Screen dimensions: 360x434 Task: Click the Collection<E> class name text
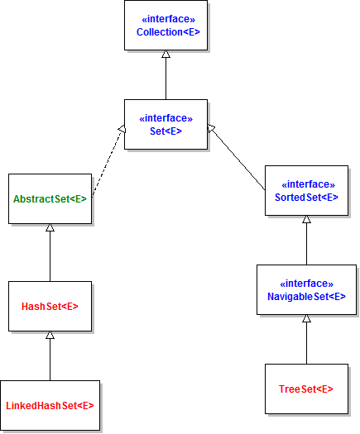click(168, 32)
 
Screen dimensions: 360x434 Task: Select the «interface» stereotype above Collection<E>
click(169, 19)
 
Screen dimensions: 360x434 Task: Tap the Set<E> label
click(166, 131)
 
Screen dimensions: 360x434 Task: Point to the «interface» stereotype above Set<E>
click(166, 118)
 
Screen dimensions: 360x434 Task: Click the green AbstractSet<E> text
click(50, 199)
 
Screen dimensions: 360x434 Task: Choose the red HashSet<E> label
click(50, 307)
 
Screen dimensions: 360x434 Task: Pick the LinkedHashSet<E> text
click(50, 406)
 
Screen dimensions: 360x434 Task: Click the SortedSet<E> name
click(306, 198)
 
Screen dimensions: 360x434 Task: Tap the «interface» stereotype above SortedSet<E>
click(308, 184)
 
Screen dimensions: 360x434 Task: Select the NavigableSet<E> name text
click(306, 297)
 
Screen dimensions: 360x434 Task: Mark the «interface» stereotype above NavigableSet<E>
click(306, 284)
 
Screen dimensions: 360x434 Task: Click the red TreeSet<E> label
click(306, 389)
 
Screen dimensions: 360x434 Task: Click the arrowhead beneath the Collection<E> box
click(166, 54)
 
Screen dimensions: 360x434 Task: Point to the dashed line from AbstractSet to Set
click(108, 163)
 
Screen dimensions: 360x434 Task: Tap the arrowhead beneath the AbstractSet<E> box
click(50, 227)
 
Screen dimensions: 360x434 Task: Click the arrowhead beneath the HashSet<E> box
click(50, 335)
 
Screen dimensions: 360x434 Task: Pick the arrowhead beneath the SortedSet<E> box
click(306, 219)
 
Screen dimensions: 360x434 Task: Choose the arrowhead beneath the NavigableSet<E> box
click(306, 318)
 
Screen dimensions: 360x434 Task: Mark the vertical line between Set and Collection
click(166, 79)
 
